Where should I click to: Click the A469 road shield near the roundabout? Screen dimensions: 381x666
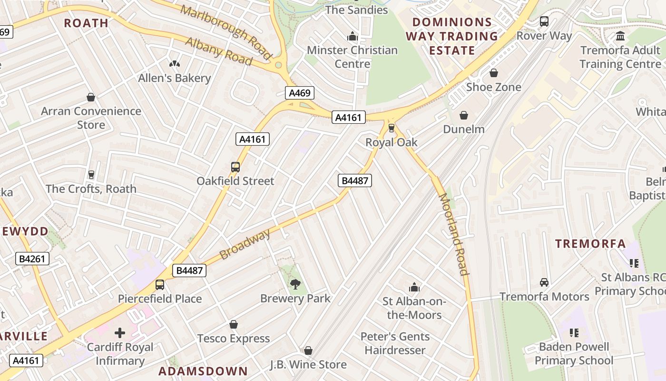(300, 93)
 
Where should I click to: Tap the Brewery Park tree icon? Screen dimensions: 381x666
(295, 284)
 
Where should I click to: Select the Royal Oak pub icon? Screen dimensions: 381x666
(392, 128)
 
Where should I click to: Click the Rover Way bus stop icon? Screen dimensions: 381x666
(544, 21)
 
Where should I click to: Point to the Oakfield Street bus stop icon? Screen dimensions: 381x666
(235, 167)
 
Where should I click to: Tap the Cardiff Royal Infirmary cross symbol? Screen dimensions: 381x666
(120, 332)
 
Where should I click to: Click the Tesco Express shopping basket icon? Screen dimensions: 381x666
(234, 324)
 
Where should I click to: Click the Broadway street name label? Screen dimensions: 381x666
(245, 244)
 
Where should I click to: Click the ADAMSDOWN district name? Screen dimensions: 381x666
(203, 371)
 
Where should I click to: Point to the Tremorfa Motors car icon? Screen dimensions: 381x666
(544, 282)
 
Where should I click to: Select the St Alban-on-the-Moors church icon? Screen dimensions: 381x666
(414, 287)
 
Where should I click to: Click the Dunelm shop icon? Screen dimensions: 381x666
(464, 115)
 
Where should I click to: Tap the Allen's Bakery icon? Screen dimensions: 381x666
(175, 64)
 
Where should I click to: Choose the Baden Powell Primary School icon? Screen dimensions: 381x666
(574, 332)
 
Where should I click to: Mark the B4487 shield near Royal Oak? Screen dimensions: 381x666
(354, 180)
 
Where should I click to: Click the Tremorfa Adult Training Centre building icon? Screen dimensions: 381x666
(620, 36)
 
